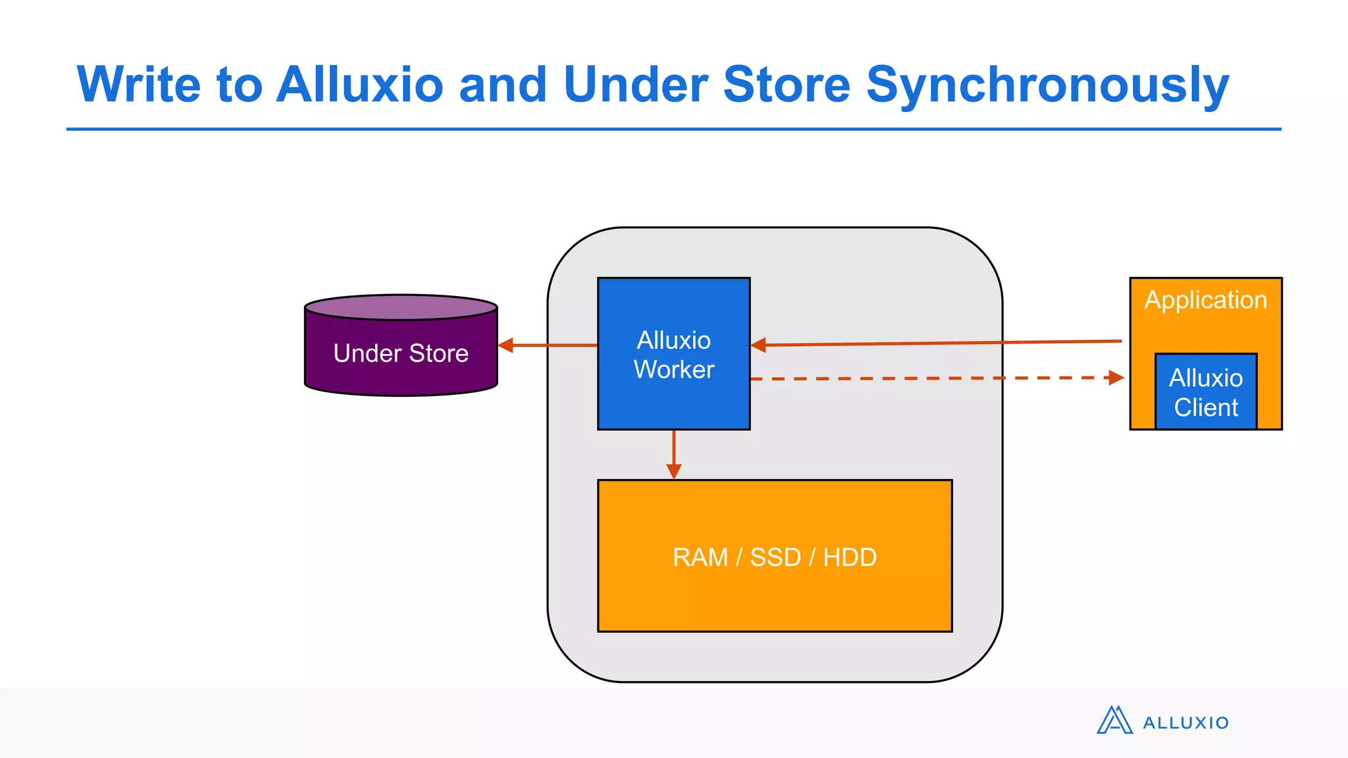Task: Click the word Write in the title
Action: [138, 86]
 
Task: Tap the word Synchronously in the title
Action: [1047, 86]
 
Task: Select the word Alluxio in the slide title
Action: [359, 86]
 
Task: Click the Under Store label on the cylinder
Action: [401, 353]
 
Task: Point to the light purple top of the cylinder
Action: [401, 307]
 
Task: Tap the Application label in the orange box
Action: [1205, 300]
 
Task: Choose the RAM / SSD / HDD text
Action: [775, 557]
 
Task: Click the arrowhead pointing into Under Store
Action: [505, 345]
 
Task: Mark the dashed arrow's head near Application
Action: [1116, 378]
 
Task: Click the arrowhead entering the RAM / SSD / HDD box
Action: [673, 471]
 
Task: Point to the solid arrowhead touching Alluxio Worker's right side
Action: [758, 345]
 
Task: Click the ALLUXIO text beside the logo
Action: [1185, 723]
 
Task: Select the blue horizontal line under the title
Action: [673, 129]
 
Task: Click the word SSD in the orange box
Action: [775, 557]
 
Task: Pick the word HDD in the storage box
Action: [850, 557]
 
